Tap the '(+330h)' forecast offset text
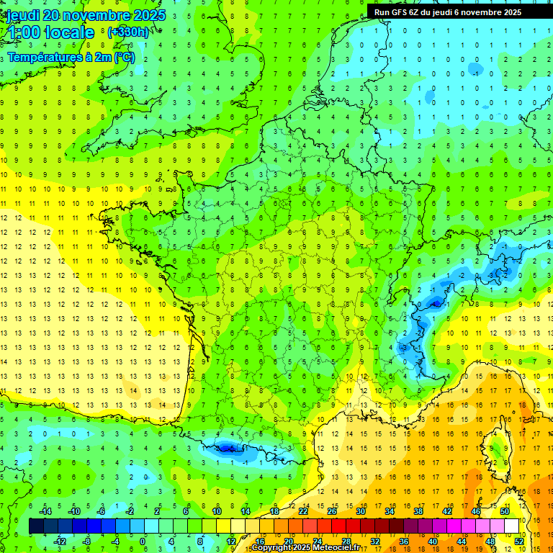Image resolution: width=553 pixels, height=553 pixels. pos(127,32)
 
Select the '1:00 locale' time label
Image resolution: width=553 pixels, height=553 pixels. pos(50,33)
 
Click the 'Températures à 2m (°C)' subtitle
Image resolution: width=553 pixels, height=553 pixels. pos(71,58)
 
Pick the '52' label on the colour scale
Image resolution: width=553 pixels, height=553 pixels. pos(519,541)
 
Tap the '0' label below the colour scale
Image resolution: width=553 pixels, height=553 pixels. pos(143,541)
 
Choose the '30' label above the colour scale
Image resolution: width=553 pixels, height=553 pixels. pos(360,511)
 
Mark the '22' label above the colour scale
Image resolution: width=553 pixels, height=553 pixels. pos(302,511)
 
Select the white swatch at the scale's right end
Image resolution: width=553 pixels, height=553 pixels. pos(511,526)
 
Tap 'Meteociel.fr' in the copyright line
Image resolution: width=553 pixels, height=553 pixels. pos(337,548)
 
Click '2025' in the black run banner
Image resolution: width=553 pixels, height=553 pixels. pos(511,12)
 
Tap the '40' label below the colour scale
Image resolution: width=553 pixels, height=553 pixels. pos(432,541)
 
